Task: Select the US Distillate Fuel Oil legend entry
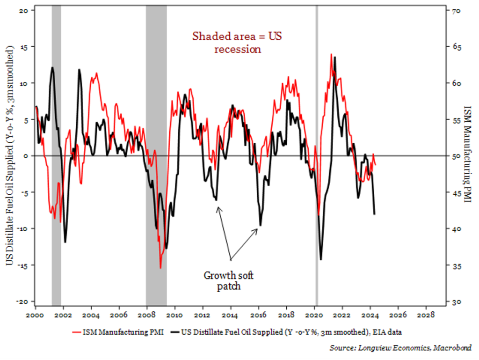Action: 286,333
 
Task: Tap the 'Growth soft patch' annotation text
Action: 229,280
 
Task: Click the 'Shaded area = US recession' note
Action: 238,42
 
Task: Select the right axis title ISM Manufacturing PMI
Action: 467,154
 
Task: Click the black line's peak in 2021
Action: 334,57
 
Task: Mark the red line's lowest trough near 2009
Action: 160,268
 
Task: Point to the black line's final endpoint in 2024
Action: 374,214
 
